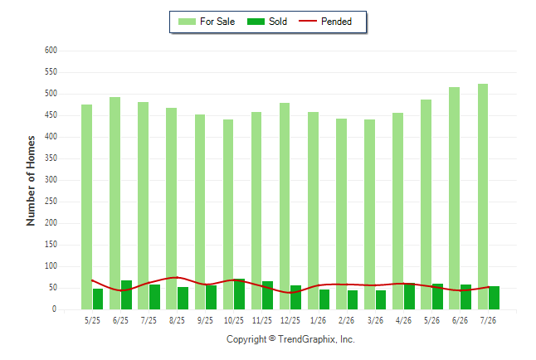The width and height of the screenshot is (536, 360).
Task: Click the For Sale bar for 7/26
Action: click(483, 197)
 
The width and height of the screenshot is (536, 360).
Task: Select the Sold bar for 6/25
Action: click(126, 294)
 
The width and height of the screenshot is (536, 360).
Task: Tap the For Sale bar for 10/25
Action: click(228, 214)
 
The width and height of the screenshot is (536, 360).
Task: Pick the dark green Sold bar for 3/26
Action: click(381, 299)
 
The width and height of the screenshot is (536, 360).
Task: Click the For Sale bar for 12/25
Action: click(285, 207)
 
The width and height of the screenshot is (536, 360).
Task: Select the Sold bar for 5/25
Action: click(98, 299)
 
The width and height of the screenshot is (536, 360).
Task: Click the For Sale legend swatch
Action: click(187, 22)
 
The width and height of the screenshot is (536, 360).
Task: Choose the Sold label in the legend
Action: click(278, 22)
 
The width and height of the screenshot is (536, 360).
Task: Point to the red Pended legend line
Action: click(308, 22)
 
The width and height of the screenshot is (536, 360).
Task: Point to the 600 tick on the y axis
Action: click(51, 51)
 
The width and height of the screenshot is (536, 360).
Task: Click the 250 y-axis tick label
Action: click(51, 202)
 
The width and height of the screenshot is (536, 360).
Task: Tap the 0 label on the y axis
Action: click(54, 309)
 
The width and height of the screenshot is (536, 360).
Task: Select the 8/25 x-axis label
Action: click(177, 320)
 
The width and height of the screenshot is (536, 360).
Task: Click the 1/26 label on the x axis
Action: click(318, 320)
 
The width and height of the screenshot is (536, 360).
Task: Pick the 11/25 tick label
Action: click(262, 320)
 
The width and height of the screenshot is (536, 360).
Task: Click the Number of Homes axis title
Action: click(31, 181)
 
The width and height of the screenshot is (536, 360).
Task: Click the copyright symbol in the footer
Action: click(272, 338)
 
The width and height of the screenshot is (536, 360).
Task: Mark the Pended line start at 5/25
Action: click(92, 280)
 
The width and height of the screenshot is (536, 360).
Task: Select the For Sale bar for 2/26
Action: click(341, 214)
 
